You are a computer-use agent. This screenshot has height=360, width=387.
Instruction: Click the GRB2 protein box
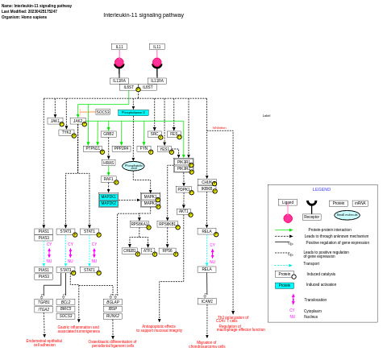pos(109,134)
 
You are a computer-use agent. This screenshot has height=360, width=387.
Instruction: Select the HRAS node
pos(109,163)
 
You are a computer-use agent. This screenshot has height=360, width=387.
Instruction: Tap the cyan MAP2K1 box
pos(109,197)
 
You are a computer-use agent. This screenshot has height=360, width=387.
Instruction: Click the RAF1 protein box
pos(109,179)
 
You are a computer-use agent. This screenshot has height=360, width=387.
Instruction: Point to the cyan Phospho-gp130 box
pos(133,113)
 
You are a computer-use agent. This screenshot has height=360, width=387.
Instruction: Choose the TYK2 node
pos(66,132)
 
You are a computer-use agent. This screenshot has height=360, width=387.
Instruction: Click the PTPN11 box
pos(93,148)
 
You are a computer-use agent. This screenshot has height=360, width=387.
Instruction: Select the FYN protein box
pos(144,148)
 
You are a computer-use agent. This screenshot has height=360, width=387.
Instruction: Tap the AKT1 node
pos(184,211)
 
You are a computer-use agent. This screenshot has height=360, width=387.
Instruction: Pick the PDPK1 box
pos(184,189)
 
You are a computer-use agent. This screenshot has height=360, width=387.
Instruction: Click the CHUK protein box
pos(207,182)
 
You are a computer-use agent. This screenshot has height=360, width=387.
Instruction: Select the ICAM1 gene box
pos(207,301)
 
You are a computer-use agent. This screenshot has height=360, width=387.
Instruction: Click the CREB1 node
pos(130,250)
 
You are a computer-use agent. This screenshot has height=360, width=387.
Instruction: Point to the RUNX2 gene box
pos(113,316)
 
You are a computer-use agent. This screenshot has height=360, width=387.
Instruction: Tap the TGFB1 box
pos(44,302)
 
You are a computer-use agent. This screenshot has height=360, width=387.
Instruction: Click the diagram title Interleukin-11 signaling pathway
pos(144,15)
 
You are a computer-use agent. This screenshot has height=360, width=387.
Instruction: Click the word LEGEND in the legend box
pos(322,189)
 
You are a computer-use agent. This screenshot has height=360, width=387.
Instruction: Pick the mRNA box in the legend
pos(360,203)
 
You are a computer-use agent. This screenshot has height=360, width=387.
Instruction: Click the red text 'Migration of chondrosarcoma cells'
pos(207,344)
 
